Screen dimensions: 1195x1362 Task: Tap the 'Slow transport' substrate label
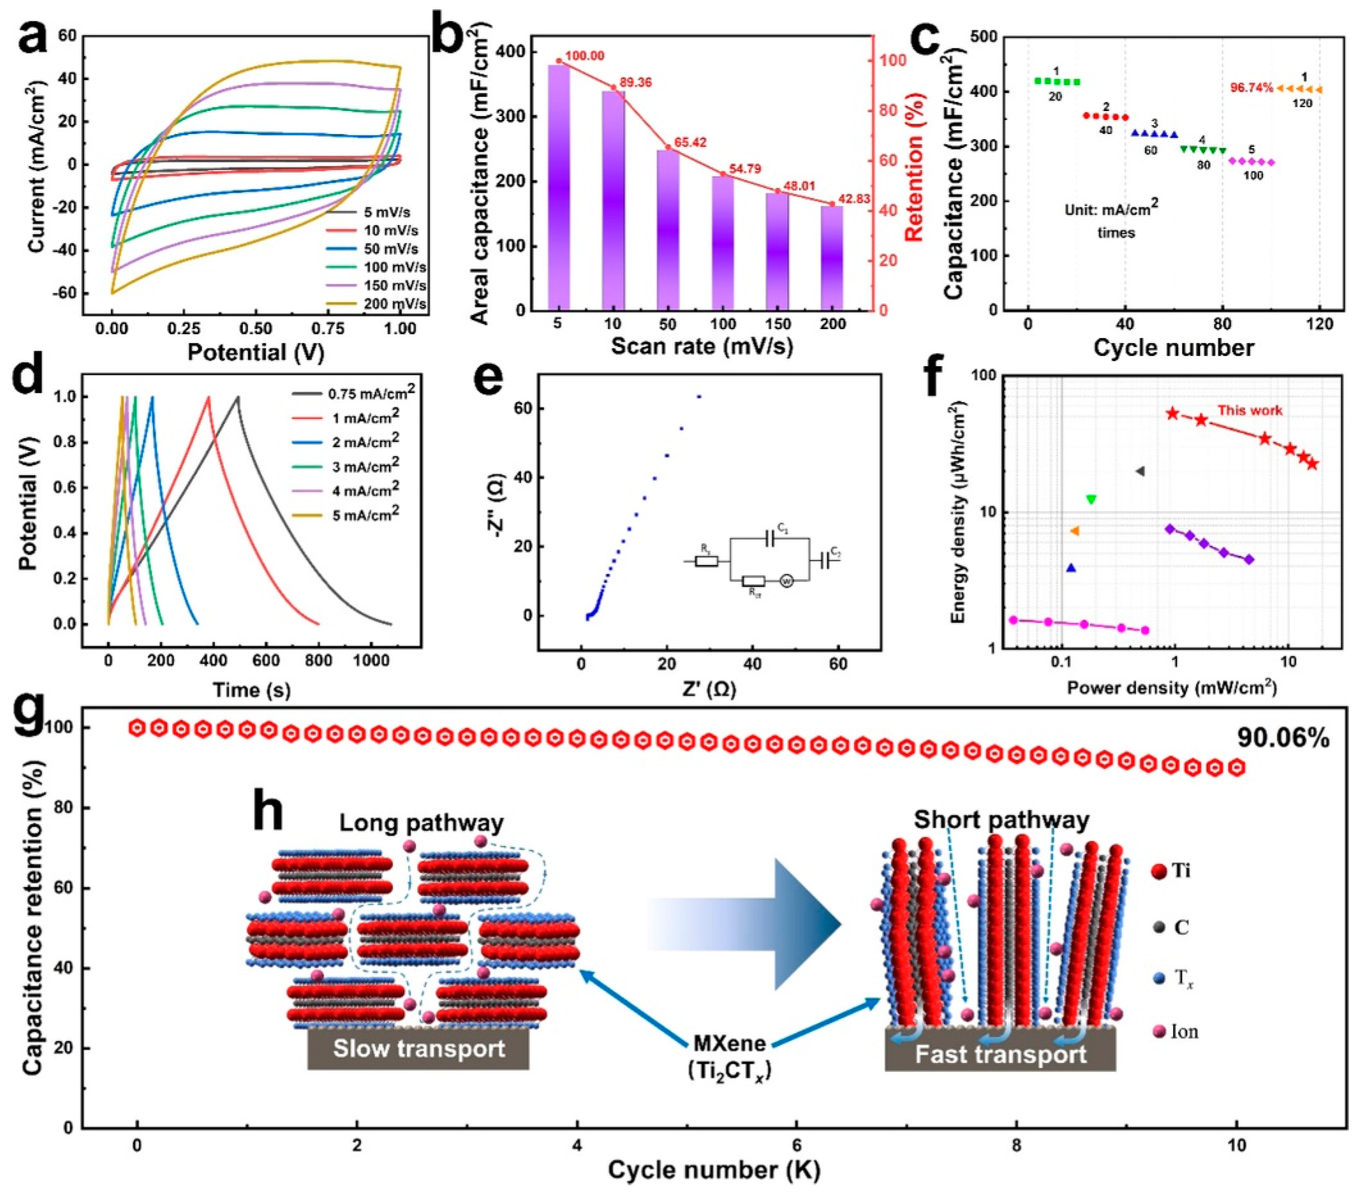[419, 1048]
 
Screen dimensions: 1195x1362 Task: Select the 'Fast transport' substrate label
[1000, 1054]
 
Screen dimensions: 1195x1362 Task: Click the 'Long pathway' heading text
[421, 822]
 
